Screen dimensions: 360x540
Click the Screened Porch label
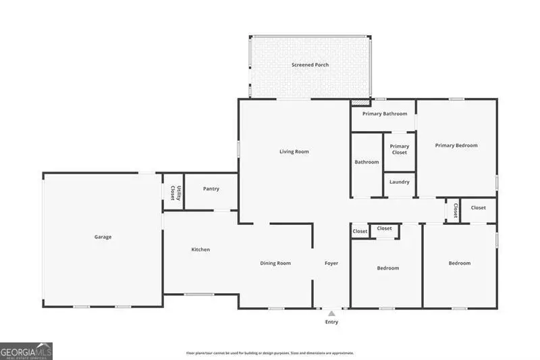pyautogui.click(x=310, y=65)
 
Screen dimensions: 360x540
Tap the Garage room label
pyautogui.click(x=103, y=237)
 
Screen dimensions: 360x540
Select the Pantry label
pyautogui.click(x=211, y=188)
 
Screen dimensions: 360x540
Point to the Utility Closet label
pyautogui.click(x=174, y=192)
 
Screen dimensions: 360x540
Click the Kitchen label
pyautogui.click(x=200, y=250)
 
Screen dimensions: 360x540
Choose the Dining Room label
pyautogui.click(x=275, y=263)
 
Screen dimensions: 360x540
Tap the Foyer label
pyautogui.click(x=331, y=263)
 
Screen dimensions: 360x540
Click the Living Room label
pyautogui.click(x=294, y=151)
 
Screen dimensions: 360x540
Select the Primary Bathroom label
pyautogui.click(x=385, y=113)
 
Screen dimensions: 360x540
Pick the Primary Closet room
pyautogui.click(x=399, y=149)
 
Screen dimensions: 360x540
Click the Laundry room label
pyautogui.click(x=399, y=182)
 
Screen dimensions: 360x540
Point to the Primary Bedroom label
pyautogui.click(x=456, y=145)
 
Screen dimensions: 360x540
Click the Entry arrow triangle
pyautogui.click(x=331, y=313)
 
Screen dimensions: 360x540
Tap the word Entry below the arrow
pyautogui.click(x=331, y=322)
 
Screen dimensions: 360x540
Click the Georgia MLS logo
pyautogui.click(x=26, y=351)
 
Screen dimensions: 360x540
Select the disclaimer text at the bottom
pyautogui.click(x=270, y=353)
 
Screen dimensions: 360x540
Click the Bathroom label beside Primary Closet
pyautogui.click(x=367, y=162)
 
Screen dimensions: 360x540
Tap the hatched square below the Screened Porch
pyautogui.click(x=360, y=103)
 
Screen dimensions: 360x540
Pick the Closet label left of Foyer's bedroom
pyautogui.click(x=360, y=232)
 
